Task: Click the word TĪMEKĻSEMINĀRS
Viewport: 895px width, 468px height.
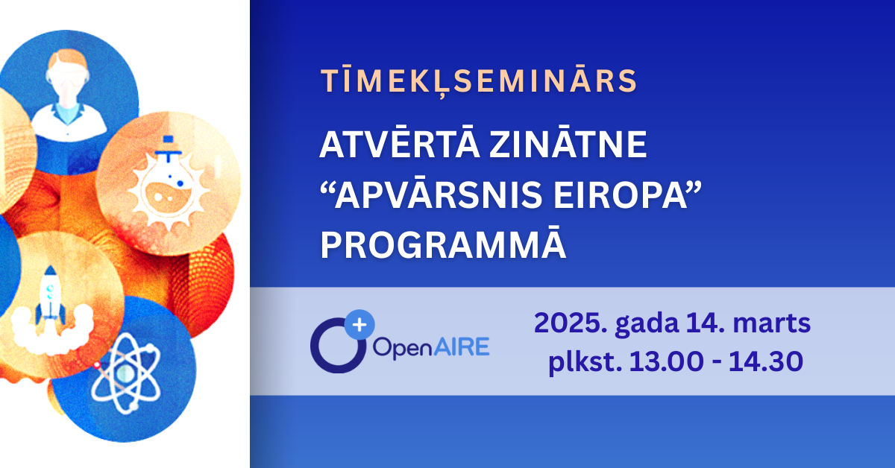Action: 479,81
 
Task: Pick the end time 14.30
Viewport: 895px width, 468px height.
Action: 766,361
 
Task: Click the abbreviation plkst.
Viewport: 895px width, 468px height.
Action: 585,362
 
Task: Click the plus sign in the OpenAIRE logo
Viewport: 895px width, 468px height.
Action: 359,325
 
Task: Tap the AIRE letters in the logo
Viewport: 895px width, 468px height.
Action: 462,347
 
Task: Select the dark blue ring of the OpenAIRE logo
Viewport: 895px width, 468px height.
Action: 314,346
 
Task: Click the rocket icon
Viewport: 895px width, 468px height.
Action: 50,294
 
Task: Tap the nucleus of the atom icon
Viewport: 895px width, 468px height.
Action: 125,373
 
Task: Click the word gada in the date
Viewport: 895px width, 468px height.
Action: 647,324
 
